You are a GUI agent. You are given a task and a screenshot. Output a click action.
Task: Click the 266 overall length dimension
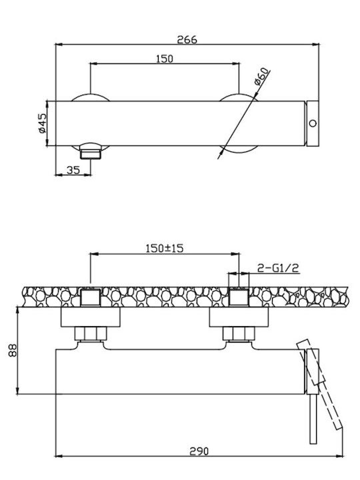click(187, 39)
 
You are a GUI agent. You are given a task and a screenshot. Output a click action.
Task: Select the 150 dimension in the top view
click(165, 59)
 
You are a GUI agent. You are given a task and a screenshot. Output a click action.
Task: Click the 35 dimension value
click(73, 170)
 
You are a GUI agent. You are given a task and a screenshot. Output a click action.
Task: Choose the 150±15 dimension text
click(165, 248)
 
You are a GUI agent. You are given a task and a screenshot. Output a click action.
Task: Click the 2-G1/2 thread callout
click(277, 268)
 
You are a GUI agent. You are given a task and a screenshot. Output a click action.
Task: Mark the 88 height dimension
click(13, 350)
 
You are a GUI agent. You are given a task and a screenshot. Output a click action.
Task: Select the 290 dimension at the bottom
click(199, 451)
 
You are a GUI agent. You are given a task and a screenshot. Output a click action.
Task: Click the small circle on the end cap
click(313, 123)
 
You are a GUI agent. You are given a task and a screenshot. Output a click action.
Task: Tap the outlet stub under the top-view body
click(90, 152)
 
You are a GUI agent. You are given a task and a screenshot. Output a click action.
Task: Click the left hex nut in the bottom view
click(91, 334)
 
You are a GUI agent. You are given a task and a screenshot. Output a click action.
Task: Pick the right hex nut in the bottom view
click(239, 334)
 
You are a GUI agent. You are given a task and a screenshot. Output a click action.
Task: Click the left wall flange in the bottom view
click(90, 317)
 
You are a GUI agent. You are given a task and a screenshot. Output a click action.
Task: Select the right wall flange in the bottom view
click(239, 317)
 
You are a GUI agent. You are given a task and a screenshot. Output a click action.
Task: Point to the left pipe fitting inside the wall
click(90, 297)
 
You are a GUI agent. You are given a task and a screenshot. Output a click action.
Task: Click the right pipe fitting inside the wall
click(239, 297)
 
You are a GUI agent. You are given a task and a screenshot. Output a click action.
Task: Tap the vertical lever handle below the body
click(313, 419)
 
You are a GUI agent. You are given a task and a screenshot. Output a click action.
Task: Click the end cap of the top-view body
click(313, 123)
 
